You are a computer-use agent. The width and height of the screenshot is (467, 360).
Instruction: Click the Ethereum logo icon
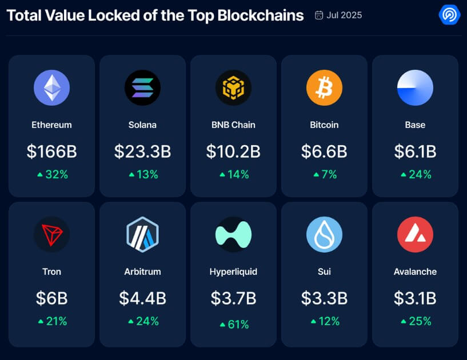click(51, 88)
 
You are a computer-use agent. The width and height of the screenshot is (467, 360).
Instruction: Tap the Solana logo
click(142, 88)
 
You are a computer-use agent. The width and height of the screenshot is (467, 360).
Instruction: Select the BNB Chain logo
click(233, 88)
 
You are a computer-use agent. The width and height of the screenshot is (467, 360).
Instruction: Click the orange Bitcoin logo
click(324, 88)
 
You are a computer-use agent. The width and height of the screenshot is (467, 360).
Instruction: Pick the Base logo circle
click(415, 88)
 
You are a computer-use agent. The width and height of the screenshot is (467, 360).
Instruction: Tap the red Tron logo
click(51, 234)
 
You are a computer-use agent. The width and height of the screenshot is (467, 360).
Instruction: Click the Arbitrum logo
click(142, 234)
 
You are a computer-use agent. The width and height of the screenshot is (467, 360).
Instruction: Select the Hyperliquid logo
click(233, 234)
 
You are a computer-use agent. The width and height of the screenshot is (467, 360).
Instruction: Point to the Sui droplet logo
click(324, 234)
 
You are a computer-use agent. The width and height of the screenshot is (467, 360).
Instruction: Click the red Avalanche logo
click(415, 234)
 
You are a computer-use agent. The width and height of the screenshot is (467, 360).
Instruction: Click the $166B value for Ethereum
click(51, 151)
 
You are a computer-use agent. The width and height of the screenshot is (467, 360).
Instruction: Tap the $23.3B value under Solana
click(142, 151)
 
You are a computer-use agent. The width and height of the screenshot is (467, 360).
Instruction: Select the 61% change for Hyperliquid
click(234, 325)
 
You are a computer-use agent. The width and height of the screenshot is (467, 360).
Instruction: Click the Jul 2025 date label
click(344, 15)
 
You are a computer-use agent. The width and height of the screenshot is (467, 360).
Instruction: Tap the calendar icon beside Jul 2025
click(319, 15)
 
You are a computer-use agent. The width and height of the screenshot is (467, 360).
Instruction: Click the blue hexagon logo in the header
click(449, 14)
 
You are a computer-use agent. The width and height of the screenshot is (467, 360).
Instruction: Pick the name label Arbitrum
click(142, 272)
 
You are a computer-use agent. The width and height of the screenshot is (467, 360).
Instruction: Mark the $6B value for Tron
click(51, 298)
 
